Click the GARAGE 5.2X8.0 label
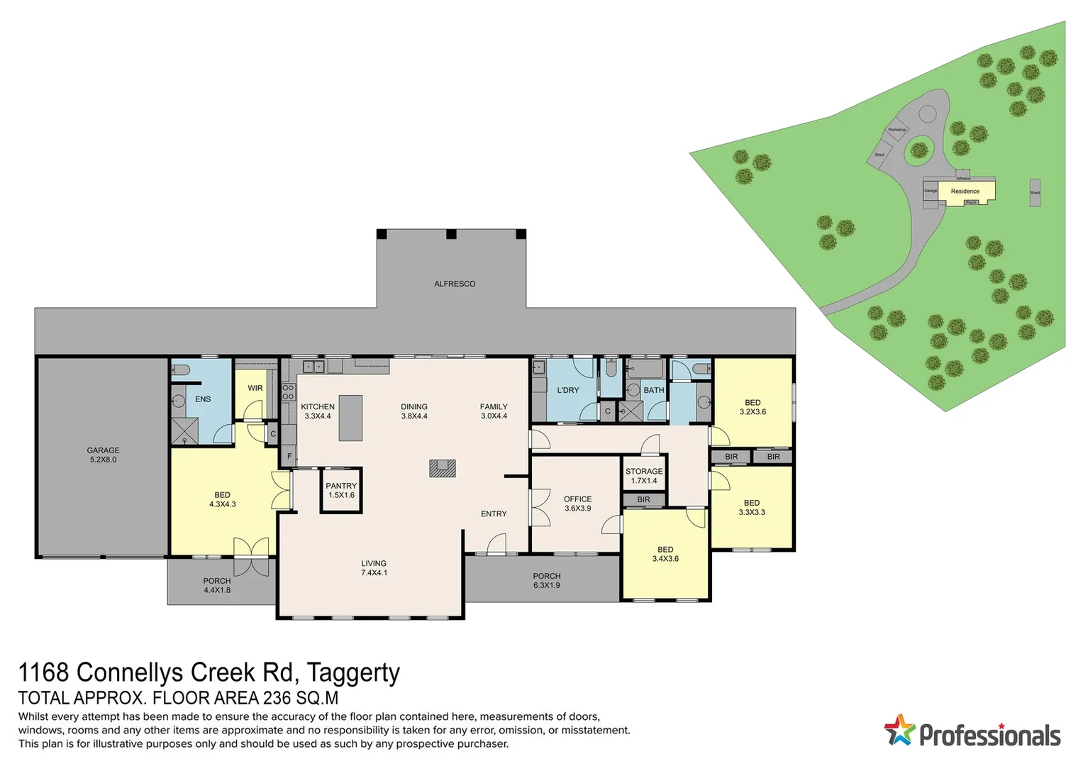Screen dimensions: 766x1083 click(x=103, y=455)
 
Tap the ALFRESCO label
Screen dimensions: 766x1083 click(x=455, y=284)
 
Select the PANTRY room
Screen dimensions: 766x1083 click(x=341, y=490)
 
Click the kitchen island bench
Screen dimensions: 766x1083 click(x=350, y=418)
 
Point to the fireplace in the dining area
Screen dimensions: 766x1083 click(x=442, y=468)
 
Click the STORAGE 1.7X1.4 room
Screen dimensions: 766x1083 click(x=644, y=476)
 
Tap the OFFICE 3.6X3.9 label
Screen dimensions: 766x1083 click(x=577, y=504)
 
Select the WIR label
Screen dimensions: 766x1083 click(x=255, y=388)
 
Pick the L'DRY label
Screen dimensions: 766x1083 click(x=568, y=390)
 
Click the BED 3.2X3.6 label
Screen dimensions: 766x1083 click(x=752, y=407)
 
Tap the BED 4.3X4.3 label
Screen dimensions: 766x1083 click(x=222, y=499)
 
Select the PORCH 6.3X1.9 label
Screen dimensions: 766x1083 click(x=547, y=581)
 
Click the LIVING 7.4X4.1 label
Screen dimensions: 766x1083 click(x=374, y=568)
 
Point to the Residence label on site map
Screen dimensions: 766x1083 click(x=965, y=191)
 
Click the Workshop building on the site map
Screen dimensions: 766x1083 click(x=896, y=131)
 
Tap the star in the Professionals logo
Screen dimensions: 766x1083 click(x=899, y=731)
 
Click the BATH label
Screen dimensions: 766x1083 click(x=653, y=390)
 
